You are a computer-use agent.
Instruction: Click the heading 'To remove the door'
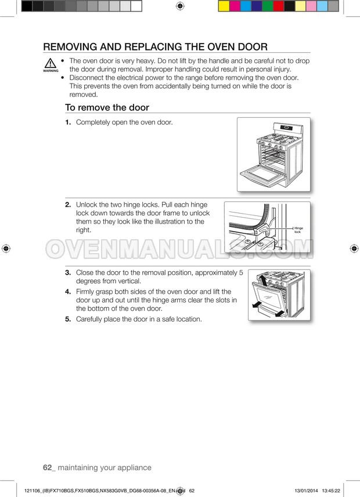(x=107, y=107)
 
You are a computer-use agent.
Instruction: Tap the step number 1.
(x=68, y=123)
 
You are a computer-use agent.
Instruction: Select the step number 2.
(x=68, y=205)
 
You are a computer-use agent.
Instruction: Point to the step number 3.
(x=68, y=272)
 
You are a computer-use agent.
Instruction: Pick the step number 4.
(x=68, y=291)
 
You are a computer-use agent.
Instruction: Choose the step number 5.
(x=68, y=319)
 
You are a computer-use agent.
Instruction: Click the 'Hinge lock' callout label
(x=298, y=230)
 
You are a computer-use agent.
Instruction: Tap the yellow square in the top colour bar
(x=223, y=6)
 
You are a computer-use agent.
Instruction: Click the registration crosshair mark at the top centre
(x=179, y=6)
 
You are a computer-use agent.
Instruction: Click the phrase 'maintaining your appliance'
(x=105, y=467)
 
